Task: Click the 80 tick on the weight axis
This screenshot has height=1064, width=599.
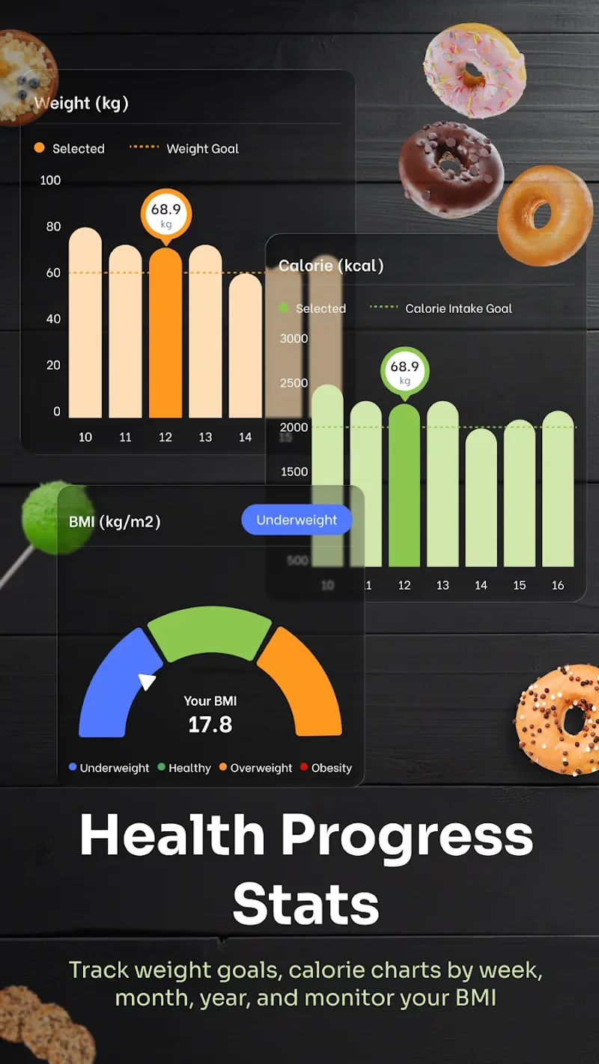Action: click(x=53, y=227)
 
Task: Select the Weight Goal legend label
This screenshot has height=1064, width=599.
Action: click(x=202, y=149)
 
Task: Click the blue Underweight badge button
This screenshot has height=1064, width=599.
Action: click(x=297, y=520)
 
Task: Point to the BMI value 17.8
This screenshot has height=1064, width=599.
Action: click(x=210, y=724)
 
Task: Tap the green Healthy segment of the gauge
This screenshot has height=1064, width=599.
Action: click(x=210, y=632)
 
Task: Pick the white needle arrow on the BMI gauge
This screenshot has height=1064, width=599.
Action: click(x=148, y=682)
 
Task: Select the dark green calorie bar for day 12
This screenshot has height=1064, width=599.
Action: click(x=404, y=486)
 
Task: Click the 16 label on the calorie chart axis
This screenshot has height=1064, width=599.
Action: click(x=558, y=585)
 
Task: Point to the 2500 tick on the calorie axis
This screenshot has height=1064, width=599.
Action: click(x=294, y=383)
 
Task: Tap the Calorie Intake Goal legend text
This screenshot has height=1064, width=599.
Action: click(x=458, y=308)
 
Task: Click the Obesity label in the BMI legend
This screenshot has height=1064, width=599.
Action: click(x=331, y=768)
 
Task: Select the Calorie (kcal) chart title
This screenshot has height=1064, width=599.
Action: click(x=331, y=266)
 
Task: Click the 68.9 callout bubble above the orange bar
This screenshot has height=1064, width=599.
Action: click(x=166, y=213)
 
